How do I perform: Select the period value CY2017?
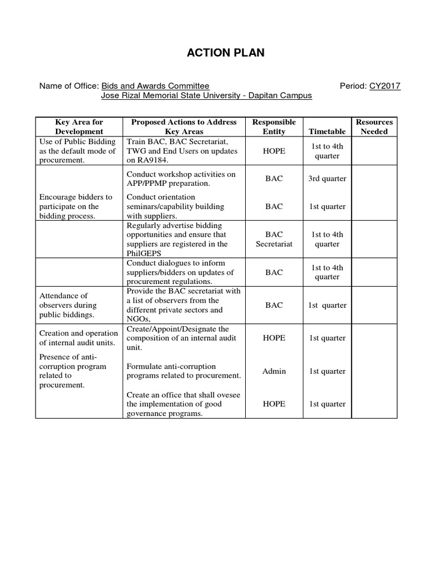pos(385,86)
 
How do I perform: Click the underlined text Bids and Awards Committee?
pos(155,86)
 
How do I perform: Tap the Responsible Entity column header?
pos(274,126)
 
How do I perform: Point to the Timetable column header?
pos(327,131)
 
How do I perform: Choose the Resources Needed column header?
pos(374,126)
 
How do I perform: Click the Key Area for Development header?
pos(79,126)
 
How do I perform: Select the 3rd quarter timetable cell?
pos(327,179)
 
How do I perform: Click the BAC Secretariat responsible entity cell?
pos(274,239)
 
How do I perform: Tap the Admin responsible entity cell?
pos(274,371)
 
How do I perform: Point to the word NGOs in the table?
pos(138,319)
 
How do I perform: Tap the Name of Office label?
pos(68,86)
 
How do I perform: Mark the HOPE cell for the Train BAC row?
pos(274,151)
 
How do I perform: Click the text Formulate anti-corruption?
pos(171,367)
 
